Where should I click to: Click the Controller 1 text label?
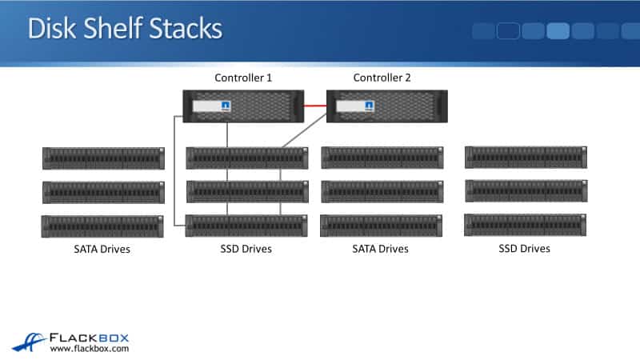click(x=243, y=78)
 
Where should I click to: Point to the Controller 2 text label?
click(x=382, y=78)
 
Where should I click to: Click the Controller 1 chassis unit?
click(x=244, y=106)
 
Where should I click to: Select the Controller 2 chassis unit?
click(x=386, y=106)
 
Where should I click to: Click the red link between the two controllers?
click(x=315, y=105)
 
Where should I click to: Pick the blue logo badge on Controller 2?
click(x=370, y=106)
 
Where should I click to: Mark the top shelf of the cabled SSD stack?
click(x=246, y=158)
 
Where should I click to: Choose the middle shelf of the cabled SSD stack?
click(x=246, y=191)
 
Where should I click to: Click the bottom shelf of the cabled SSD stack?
click(x=246, y=226)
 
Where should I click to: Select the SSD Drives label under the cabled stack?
click(x=246, y=249)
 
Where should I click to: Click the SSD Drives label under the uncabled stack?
click(x=524, y=249)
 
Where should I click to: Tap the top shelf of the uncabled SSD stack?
click(x=526, y=157)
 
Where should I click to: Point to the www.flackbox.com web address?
click(x=90, y=349)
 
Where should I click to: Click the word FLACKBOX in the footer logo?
click(x=90, y=336)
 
